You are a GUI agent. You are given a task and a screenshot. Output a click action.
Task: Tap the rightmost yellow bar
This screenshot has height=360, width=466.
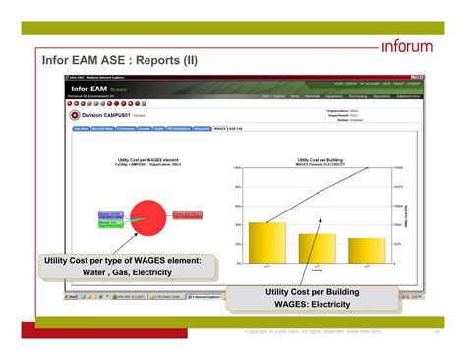click(x=366, y=251)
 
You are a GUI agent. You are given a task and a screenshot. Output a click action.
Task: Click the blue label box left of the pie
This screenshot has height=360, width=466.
click(x=110, y=215)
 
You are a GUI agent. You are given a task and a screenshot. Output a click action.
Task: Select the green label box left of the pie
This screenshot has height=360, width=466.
click(x=110, y=225)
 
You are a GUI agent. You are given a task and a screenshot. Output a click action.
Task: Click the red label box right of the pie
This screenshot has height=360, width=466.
click(x=187, y=214)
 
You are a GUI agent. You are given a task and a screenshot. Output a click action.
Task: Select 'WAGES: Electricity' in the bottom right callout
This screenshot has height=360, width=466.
click(x=312, y=306)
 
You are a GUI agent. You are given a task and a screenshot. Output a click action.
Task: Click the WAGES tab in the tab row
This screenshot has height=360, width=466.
click(x=219, y=128)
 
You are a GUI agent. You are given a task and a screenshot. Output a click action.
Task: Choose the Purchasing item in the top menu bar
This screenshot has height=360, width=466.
click(x=357, y=97)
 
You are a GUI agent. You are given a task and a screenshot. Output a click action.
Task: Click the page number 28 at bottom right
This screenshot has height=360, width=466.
click(x=437, y=332)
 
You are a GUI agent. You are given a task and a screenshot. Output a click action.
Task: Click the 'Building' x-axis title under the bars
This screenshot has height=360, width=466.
click(x=317, y=270)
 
